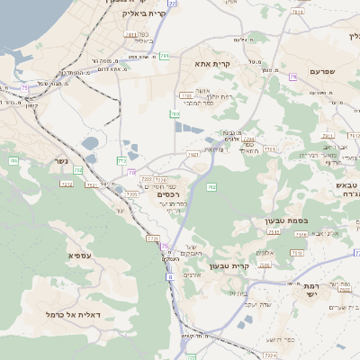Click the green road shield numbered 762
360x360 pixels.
pyautogui.click(x=211, y=186)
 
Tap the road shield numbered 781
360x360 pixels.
pyautogui.click(x=164, y=56)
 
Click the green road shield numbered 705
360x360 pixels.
pyautogui.click(x=13, y=160)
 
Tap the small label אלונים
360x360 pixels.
pyautogui.click(x=265, y=252)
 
